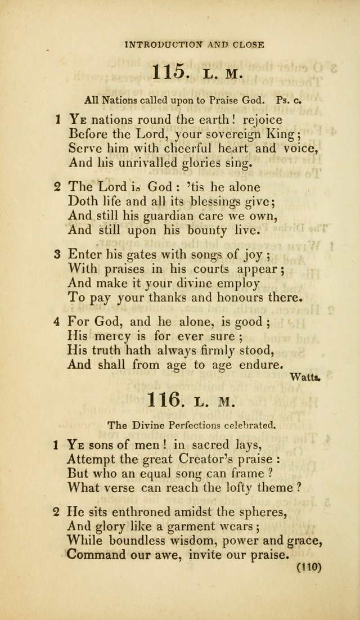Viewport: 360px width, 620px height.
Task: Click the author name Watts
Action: tap(305, 378)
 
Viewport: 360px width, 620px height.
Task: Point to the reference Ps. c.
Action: tap(290, 101)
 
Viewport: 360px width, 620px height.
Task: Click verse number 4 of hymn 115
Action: tap(57, 322)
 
